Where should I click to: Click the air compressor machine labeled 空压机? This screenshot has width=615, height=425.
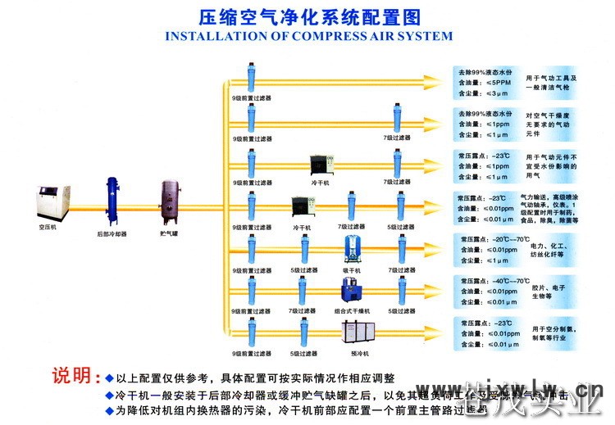click(x=48, y=202)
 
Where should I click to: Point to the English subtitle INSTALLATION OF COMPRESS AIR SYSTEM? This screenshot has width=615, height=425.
click(x=308, y=36)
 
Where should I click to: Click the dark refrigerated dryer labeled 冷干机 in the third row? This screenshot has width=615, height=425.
click(x=320, y=165)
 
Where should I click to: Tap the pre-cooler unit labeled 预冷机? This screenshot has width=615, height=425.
click(x=355, y=332)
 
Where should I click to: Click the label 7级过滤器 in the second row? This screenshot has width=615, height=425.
click(x=397, y=138)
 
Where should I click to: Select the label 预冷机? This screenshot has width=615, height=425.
click(x=359, y=354)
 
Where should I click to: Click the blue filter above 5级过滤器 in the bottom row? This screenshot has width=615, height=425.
click(x=303, y=333)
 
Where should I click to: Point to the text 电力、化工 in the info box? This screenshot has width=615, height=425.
click(x=549, y=245)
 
